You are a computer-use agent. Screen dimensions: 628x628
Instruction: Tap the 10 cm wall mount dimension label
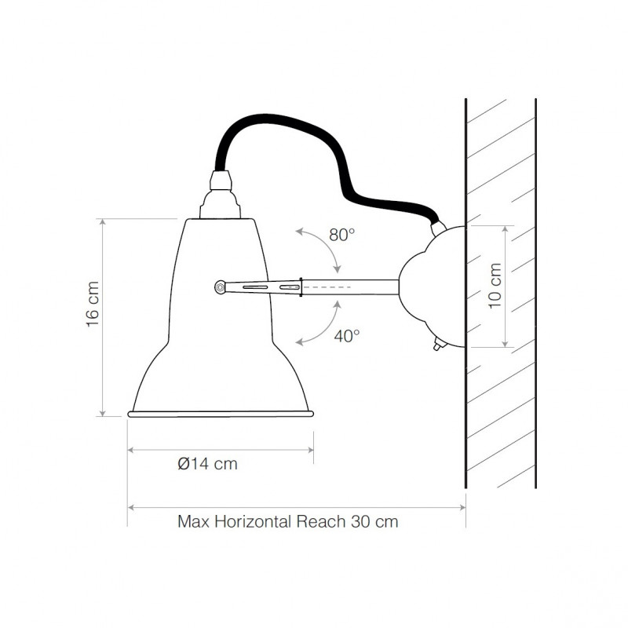click(495, 285)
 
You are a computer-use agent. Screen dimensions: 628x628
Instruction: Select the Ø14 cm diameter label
click(207, 464)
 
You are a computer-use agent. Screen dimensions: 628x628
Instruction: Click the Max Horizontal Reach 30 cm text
click(287, 521)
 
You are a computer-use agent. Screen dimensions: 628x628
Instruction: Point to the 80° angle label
click(342, 234)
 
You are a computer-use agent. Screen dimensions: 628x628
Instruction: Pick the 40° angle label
click(346, 335)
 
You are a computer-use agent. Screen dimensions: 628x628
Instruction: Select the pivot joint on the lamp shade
click(221, 287)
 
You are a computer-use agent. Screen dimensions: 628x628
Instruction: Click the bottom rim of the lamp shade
click(221, 412)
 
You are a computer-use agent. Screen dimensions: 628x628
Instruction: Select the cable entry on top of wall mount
click(438, 228)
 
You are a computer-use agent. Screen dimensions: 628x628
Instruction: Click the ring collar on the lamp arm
click(301, 287)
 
